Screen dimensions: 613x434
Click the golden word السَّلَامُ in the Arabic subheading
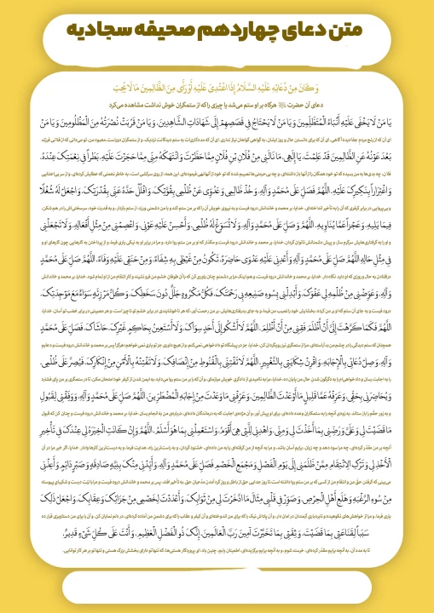[247, 85]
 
